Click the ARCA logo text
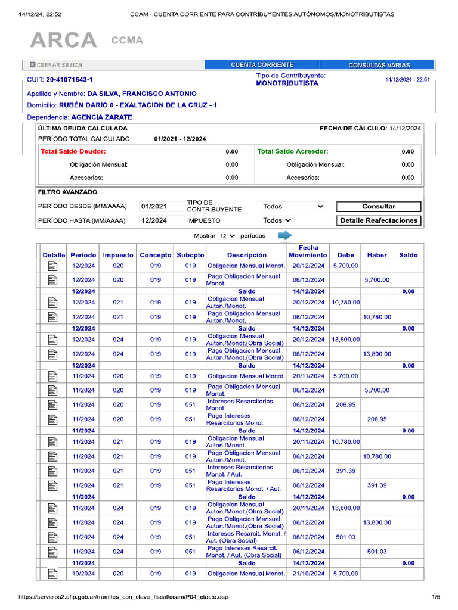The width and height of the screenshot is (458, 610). (63, 41)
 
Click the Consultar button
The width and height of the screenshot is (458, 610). (379, 207)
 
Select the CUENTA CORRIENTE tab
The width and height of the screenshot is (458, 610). (262, 65)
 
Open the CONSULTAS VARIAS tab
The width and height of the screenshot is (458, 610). (379, 65)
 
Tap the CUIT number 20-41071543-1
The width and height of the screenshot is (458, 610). (69, 79)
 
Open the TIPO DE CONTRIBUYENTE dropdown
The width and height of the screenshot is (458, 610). (294, 207)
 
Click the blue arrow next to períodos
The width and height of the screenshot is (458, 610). (285, 236)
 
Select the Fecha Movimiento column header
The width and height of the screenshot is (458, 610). (308, 251)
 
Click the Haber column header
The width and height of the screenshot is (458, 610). (377, 255)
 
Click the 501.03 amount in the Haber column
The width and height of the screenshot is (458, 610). (377, 552)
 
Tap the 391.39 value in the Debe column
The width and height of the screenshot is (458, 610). (345, 471)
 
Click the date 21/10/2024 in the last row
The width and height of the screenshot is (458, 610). (308, 574)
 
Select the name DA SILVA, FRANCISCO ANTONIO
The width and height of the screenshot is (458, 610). (142, 94)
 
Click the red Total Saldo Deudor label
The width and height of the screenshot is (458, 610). (73, 152)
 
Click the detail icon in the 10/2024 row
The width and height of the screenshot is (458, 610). (52, 574)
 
